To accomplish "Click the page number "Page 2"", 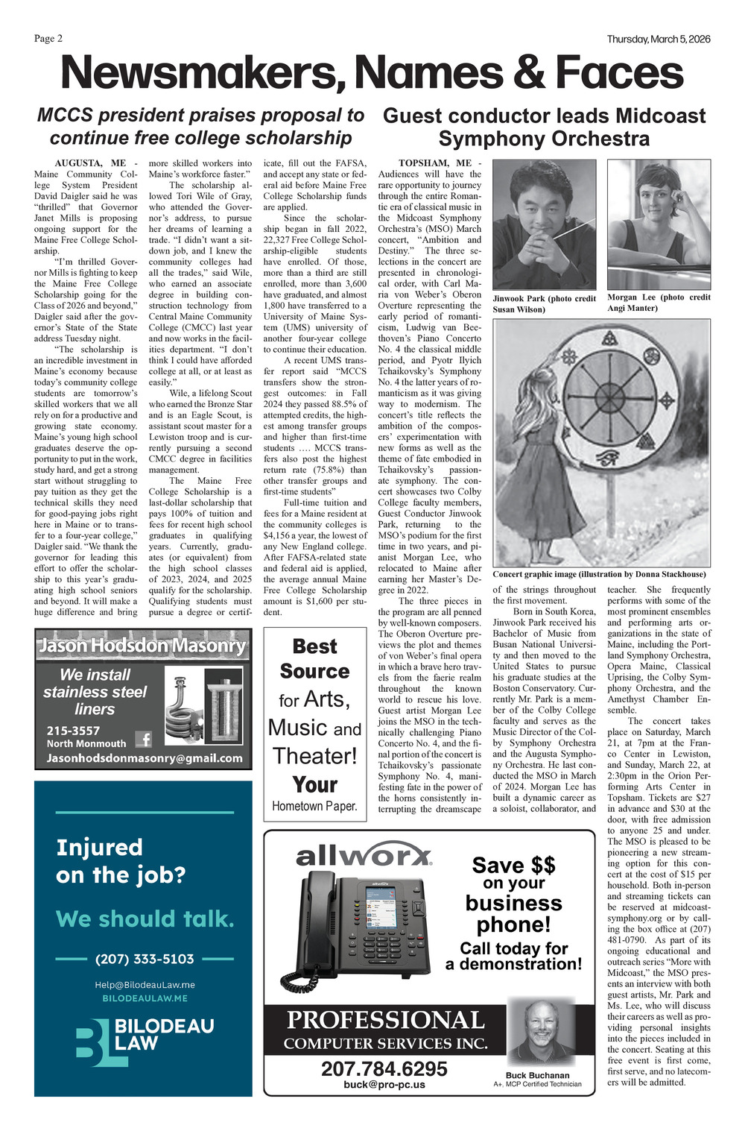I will [48, 39].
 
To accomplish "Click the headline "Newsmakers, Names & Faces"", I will [371, 74].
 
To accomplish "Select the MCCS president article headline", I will [200, 127].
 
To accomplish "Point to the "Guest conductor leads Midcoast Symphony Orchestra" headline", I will [544, 127].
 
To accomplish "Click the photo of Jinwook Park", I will [544, 224].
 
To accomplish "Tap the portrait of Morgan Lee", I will [659, 224].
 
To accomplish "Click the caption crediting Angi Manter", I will [659, 303].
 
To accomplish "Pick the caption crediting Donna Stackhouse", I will [599, 574].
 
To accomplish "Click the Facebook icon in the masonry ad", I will [144, 739].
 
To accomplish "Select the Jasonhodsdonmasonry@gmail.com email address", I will [145, 758].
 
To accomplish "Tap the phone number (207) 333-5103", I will [145, 959].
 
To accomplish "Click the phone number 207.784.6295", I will [384, 1068].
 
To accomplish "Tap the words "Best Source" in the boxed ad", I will [315, 659].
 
